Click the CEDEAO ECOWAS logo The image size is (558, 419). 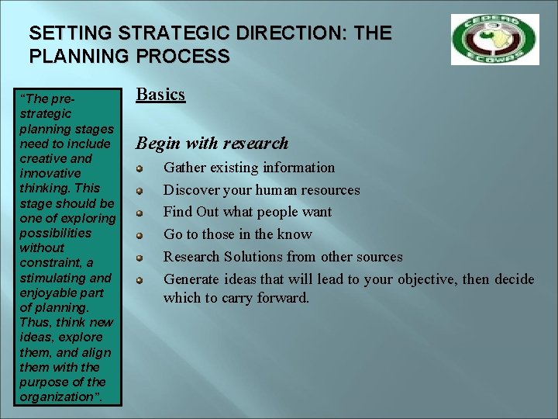point(494,40)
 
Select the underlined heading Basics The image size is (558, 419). point(160,95)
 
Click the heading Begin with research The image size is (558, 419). point(212,143)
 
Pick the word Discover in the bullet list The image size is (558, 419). point(191,190)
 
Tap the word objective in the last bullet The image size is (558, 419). point(428,279)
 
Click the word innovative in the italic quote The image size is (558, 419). point(50,173)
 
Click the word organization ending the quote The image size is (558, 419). point(55,396)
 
